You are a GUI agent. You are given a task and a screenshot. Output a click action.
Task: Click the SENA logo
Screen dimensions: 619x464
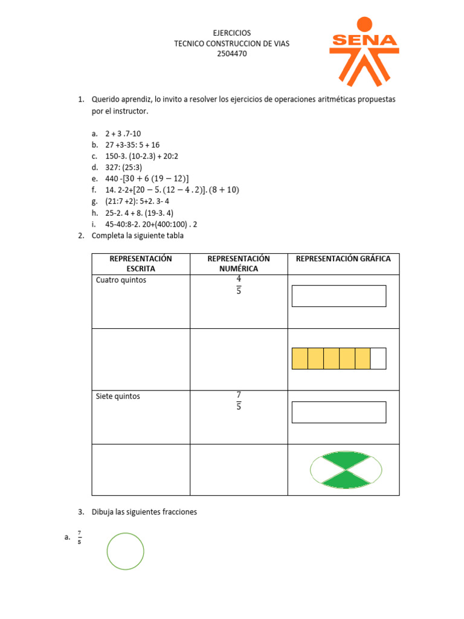tap(364, 51)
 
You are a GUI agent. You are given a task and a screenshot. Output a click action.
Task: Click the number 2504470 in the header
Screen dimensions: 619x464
tap(232, 54)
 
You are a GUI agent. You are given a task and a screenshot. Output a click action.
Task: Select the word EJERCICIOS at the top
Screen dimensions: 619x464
tap(232, 33)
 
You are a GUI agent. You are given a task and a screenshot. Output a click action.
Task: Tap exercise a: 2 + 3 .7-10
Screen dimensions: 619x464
tap(123, 133)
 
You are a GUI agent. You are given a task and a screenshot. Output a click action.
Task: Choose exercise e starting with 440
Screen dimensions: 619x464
tap(147, 178)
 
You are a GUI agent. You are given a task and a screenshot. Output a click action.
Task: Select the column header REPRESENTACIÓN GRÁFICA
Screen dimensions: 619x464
tap(343, 259)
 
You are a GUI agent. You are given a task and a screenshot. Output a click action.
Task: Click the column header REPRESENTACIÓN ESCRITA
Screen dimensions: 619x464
tap(141, 264)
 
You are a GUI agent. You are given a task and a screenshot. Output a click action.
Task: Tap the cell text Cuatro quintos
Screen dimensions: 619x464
tap(121, 280)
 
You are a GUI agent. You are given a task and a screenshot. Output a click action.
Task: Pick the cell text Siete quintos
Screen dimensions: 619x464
tap(118, 397)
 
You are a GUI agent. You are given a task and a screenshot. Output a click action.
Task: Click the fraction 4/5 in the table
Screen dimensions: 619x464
tap(239, 285)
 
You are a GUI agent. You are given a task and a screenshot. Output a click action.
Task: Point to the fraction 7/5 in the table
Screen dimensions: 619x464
tap(239, 401)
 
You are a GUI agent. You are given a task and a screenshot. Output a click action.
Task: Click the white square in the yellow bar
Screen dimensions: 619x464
tap(378, 358)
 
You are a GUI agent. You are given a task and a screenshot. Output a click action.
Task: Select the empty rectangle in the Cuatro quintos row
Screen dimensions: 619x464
tap(339, 296)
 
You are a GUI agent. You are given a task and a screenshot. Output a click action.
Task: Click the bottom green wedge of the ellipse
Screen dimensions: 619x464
tap(346, 480)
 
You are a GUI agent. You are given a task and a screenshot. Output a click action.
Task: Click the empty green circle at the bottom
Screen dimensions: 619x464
tap(126, 551)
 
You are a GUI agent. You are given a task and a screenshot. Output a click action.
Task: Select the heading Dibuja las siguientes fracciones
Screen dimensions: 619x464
tap(144, 512)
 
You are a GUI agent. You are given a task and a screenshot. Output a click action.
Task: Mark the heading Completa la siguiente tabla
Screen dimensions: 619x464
tap(137, 236)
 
